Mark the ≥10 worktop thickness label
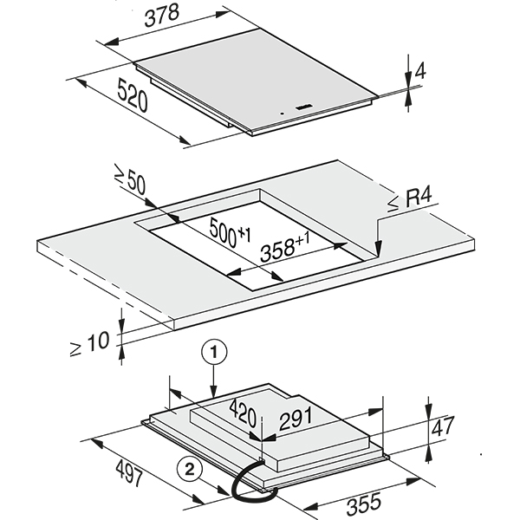(x=90, y=341)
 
